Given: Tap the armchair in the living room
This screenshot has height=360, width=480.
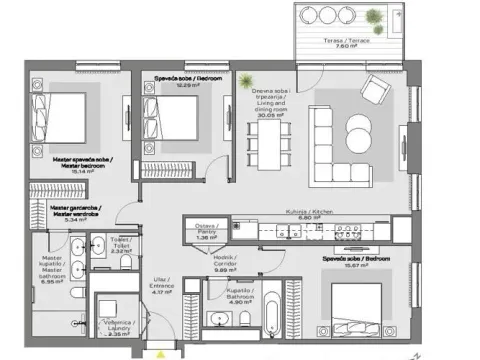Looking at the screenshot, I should click(377, 92).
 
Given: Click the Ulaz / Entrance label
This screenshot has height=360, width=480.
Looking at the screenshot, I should click(163, 285).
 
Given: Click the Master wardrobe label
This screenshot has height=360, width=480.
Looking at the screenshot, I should click(76, 211).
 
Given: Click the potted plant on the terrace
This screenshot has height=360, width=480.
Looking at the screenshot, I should click(372, 17).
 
